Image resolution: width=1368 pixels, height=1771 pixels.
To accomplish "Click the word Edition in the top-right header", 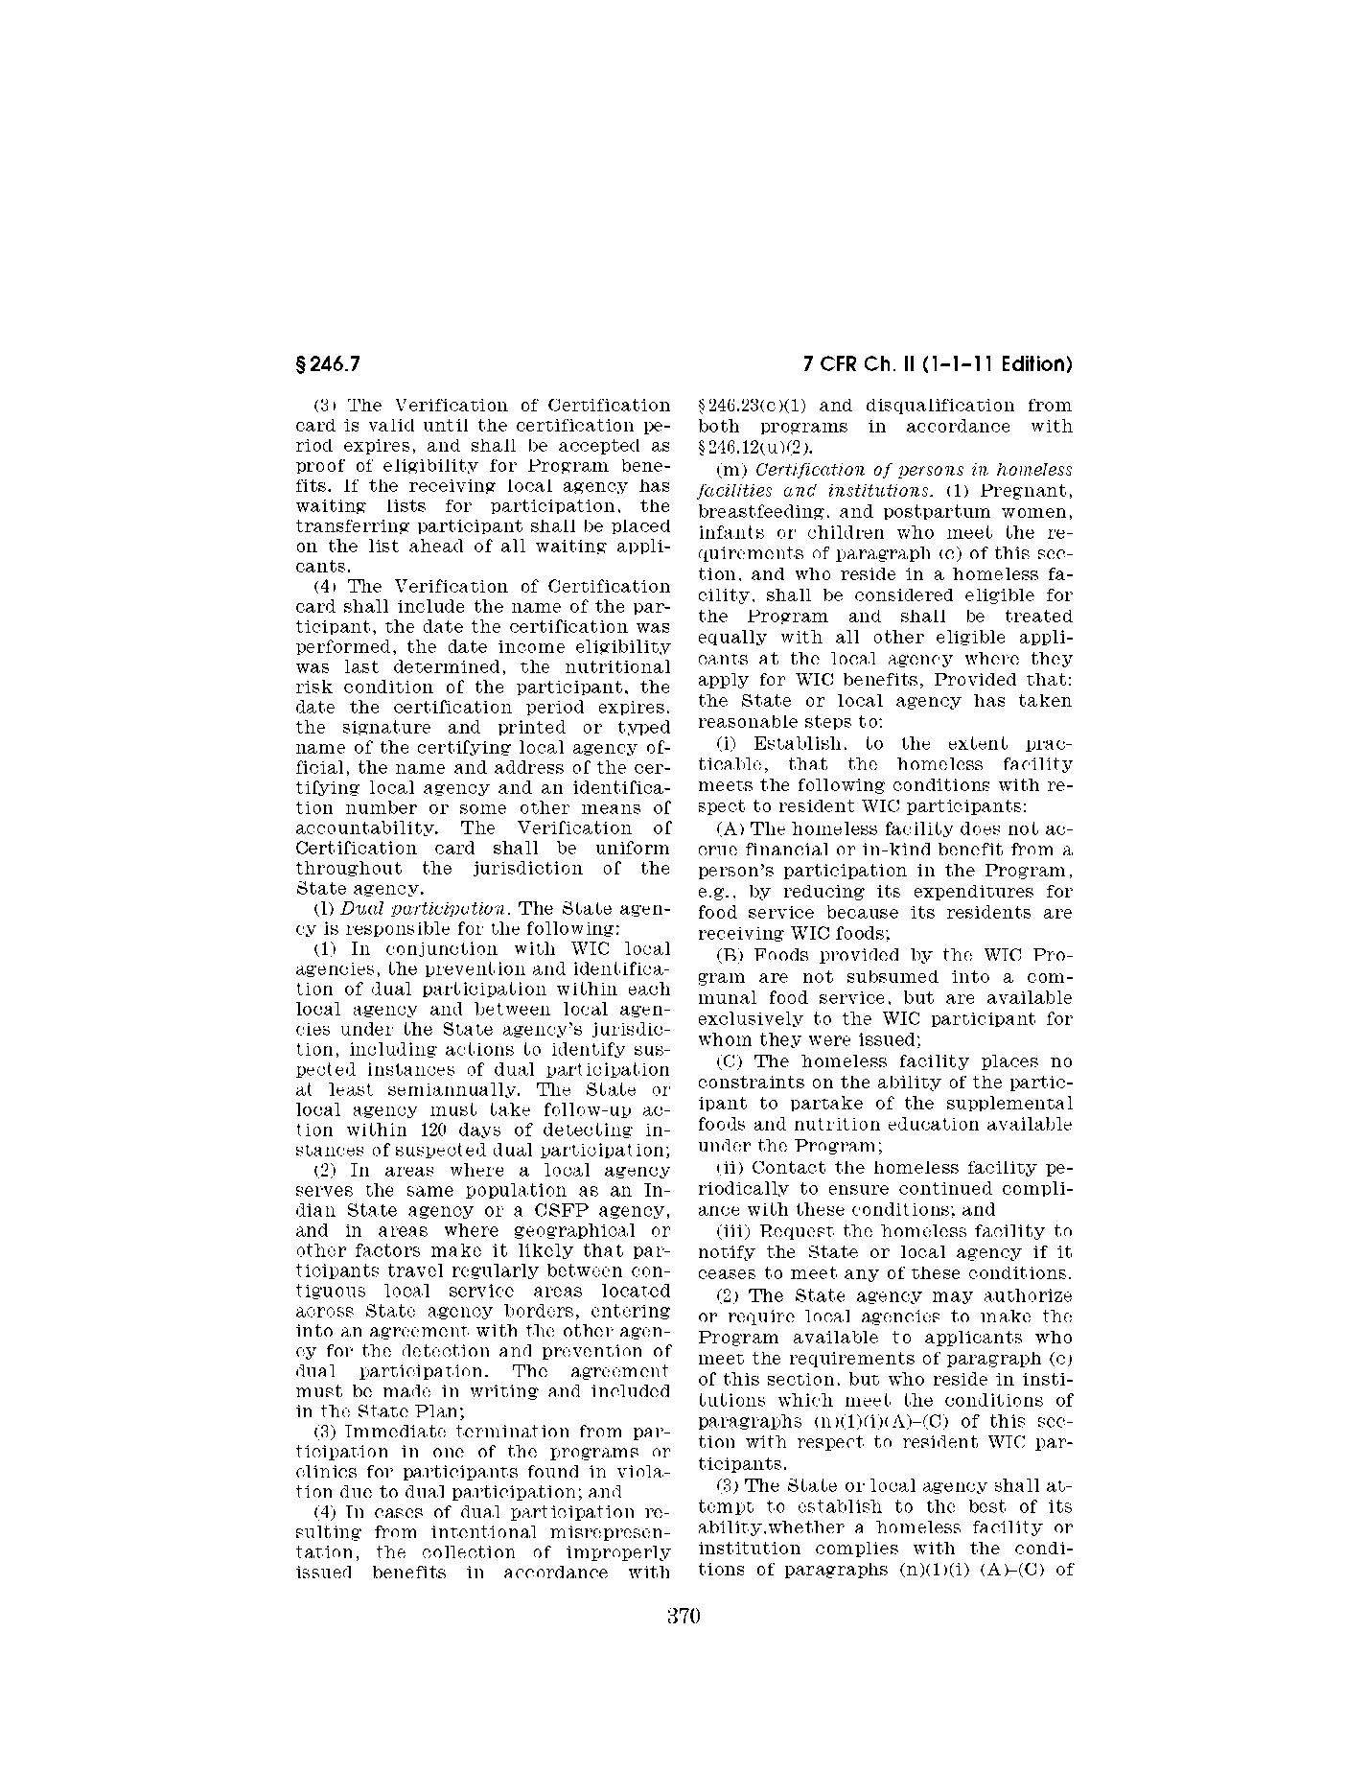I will (x=1035, y=364).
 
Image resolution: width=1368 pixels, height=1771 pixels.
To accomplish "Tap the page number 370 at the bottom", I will (x=684, y=1615).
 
